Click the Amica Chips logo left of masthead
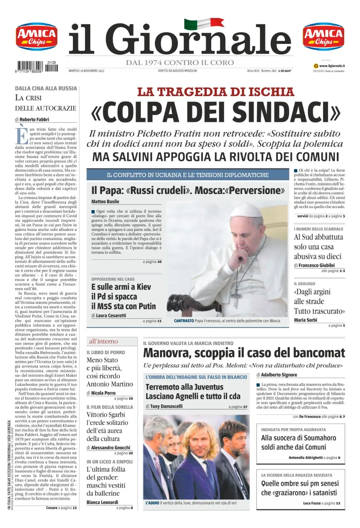point(37,37)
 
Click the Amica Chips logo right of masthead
point(323,37)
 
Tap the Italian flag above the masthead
point(203,24)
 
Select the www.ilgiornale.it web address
point(331,66)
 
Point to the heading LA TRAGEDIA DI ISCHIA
point(215,92)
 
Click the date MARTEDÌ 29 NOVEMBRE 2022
point(87,71)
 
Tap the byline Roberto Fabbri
point(34,119)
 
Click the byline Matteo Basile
point(105,202)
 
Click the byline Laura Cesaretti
point(111,315)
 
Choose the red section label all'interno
point(103,341)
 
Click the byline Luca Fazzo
point(312,503)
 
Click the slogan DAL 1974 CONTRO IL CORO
point(180,63)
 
